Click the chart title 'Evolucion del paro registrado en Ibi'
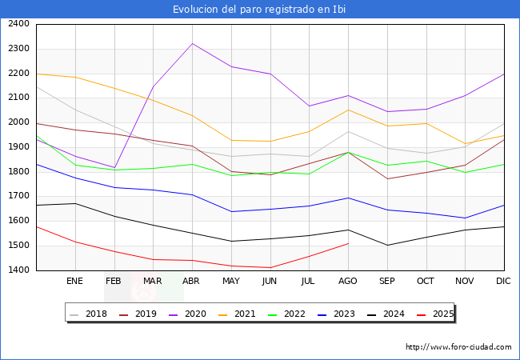[260, 10]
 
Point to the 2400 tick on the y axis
[18, 24]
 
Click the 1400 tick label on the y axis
[18, 270]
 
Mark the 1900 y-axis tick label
[18, 147]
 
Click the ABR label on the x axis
[191, 282]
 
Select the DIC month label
[503, 282]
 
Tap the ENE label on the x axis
[74, 282]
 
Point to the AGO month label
[347, 282]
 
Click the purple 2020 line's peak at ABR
[192, 43]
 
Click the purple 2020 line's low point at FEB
[114, 168]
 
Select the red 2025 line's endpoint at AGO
[348, 243]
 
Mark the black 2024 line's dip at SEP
[387, 246]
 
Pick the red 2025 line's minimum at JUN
[270, 267]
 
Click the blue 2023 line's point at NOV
[465, 218]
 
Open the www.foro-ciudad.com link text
[458, 347]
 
